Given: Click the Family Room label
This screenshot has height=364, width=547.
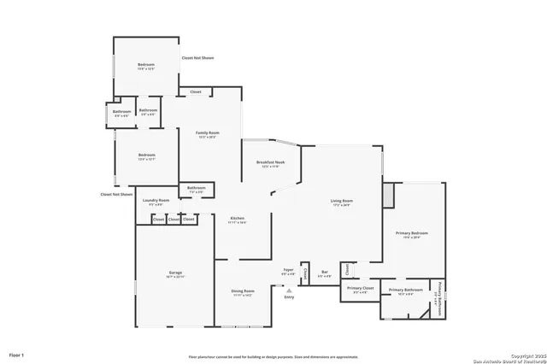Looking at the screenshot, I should coord(208,133).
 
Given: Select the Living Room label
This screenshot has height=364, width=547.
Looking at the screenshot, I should coord(342,202).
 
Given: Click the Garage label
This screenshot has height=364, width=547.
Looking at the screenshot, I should coord(174,275).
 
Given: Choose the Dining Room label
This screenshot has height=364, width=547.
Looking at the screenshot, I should coord(243,291).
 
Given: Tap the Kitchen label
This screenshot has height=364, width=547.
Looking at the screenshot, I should coord(238,219).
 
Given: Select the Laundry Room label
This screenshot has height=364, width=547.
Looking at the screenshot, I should coord(156,201).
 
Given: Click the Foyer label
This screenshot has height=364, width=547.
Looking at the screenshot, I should coord(289,270).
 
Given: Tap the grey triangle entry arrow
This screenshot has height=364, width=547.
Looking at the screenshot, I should coord(289,291).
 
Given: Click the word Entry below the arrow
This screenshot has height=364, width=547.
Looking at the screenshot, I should coord(289,297).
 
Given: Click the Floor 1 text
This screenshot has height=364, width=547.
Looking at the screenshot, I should coord(17,354).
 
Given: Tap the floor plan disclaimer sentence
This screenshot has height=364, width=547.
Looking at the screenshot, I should coord(273,357).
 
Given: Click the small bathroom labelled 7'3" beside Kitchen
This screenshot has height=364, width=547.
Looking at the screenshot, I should coord(197,189).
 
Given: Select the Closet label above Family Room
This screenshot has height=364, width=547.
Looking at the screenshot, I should coord(196,91).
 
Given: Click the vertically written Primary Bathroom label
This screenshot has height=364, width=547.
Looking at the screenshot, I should coord(438,299).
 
